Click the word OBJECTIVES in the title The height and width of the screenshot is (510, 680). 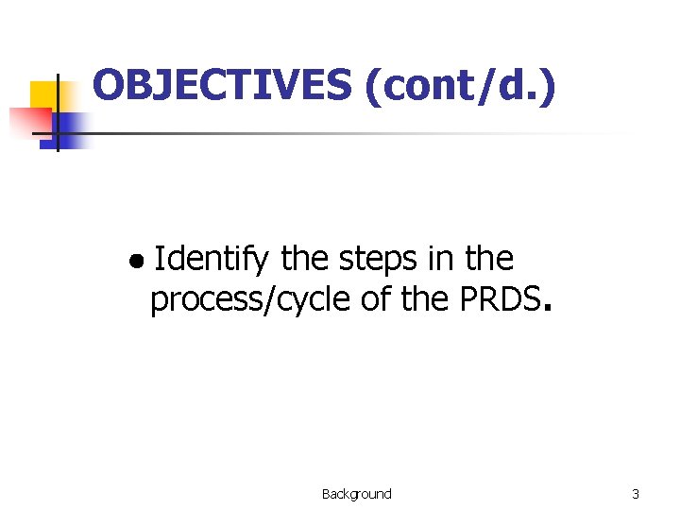tap(221, 86)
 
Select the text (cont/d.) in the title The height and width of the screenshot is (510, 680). tap(458, 87)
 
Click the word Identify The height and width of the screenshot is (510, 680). tap(211, 258)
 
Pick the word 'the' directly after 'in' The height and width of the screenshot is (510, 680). tap(489, 258)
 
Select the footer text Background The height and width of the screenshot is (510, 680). tap(356, 494)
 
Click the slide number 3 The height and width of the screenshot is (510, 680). tap(636, 494)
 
